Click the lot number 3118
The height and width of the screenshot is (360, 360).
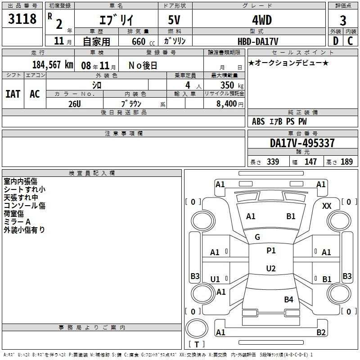coord(22,18)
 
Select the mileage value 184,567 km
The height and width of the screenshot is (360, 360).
coord(53,65)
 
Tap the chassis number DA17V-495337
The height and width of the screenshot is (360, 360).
coord(302,143)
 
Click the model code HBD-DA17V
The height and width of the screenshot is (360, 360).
coord(258,41)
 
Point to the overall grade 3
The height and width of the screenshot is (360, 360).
coord(343,20)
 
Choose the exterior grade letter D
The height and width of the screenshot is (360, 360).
coord(335,41)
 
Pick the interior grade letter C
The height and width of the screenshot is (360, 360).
coord(350,41)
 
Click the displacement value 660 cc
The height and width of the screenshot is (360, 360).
coord(143,41)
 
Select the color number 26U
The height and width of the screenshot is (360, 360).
coord(75,104)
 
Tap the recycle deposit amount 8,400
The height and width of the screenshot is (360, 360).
coord(226,104)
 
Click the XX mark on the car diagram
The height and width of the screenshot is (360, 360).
coord(327,206)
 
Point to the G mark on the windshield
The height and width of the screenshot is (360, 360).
coord(257,237)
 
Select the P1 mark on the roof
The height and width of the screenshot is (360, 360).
coord(271,251)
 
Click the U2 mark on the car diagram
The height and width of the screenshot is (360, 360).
coord(271,268)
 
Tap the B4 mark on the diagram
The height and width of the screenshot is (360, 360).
coord(288,299)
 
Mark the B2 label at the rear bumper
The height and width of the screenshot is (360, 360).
coord(321,332)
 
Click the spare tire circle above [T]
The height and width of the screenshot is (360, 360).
coord(197,328)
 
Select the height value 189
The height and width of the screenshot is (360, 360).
coord(346,162)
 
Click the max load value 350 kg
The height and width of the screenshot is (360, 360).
coord(232,85)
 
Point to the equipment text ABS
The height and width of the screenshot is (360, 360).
coord(258,121)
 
